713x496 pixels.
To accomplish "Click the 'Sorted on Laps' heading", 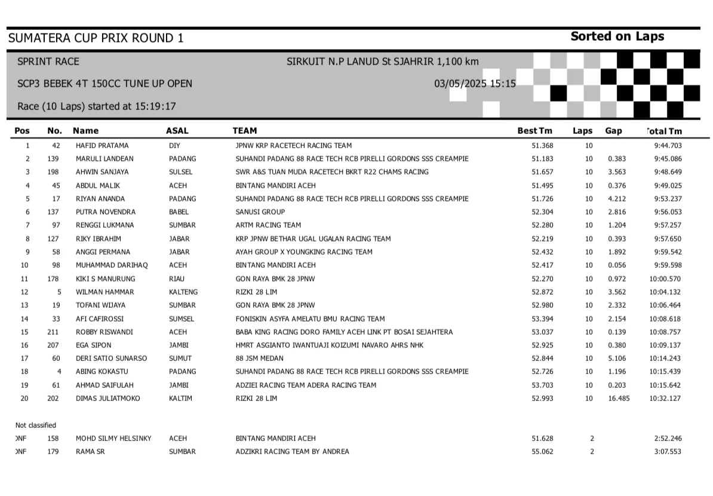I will click(x=617, y=36).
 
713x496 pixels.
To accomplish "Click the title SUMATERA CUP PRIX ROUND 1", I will click(x=96, y=38).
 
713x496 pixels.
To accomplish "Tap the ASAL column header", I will click(x=177, y=131).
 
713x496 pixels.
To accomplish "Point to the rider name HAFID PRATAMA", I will click(x=102, y=146).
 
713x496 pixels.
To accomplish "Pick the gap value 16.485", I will click(x=619, y=399).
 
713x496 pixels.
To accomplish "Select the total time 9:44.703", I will click(x=668, y=146).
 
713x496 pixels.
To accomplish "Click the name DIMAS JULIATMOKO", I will click(x=107, y=399).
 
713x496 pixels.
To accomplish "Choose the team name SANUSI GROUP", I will click(x=260, y=212).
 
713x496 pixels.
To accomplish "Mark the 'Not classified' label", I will click(x=36, y=425).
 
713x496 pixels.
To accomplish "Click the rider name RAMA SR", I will click(x=90, y=452).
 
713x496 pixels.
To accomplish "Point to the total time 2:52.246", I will click(x=668, y=439).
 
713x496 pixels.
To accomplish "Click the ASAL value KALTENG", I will click(x=183, y=292).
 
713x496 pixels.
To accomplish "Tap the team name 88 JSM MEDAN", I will click(x=259, y=359).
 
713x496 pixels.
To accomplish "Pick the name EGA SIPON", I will click(x=93, y=345).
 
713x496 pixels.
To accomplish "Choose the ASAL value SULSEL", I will click(x=180, y=172).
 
